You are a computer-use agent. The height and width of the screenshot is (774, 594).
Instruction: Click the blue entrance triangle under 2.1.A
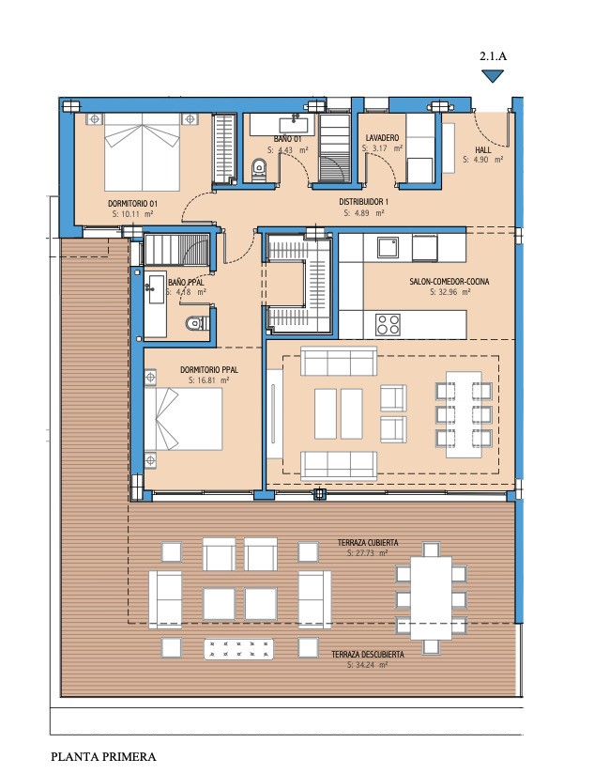coord(493,75)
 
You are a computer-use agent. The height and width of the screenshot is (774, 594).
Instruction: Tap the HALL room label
coord(483,150)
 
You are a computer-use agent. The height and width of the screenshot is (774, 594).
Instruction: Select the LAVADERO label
coord(382,138)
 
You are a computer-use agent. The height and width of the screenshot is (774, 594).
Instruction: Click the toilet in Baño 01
coord(258,169)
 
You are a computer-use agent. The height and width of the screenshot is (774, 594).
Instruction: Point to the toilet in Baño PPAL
coord(197,324)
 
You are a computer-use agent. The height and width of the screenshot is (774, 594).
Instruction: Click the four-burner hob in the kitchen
coord(388,324)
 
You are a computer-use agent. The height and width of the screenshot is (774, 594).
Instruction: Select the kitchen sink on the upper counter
coord(388,247)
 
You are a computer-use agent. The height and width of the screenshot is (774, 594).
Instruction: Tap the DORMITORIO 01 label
coord(132,204)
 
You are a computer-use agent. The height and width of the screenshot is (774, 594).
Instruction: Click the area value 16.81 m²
coord(208,380)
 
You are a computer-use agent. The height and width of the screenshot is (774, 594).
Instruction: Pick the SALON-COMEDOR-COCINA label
coord(449,282)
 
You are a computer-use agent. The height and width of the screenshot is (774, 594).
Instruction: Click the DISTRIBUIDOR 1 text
coord(364,202)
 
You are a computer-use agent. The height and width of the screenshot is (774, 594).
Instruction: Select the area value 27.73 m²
coord(367,553)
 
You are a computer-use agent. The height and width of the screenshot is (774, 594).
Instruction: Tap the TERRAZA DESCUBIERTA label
coord(368,655)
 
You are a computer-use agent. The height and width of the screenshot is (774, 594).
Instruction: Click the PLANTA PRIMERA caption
coord(103,757)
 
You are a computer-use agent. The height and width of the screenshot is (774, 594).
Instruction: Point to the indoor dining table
coord(464,414)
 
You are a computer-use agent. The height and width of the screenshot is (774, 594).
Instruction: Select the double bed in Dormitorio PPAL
coord(183,419)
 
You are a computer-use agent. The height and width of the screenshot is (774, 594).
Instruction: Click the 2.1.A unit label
coord(493,55)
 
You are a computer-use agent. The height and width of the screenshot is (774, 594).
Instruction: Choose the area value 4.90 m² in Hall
coord(482,160)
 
